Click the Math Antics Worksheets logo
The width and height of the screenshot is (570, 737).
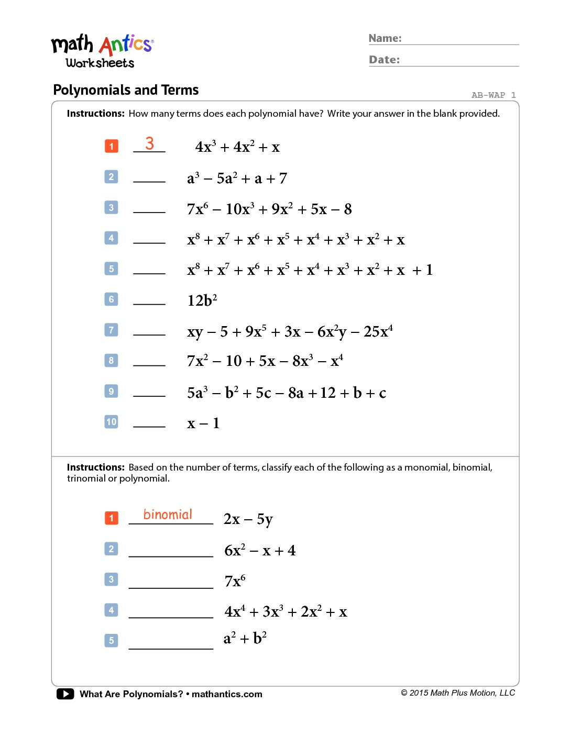point(102,51)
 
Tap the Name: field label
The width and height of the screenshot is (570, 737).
point(385,38)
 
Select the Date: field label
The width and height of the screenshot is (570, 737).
point(384,60)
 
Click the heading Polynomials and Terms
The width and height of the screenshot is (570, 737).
point(126,90)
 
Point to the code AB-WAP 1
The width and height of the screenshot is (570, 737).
point(493,95)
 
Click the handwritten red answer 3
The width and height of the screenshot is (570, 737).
point(149,143)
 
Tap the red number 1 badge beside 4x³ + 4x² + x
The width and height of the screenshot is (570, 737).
point(112,146)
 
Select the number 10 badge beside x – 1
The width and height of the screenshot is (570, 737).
point(112,422)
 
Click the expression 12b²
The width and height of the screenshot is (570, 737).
point(202,300)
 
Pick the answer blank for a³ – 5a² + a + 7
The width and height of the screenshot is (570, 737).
point(149,178)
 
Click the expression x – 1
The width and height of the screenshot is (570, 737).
point(203,423)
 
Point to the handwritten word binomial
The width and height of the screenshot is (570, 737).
point(168,515)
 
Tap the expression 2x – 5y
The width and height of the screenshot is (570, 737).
point(248,519)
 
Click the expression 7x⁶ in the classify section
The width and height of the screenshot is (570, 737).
point(235,581)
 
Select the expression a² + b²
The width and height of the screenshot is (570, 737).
point(245,639)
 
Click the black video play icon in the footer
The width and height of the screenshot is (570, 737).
point(65,694)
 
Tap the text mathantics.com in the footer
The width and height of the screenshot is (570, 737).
point(227,694)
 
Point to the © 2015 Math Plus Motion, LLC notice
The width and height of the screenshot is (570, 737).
point(458,693)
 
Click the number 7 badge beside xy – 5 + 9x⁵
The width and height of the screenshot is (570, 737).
point(112,330)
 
